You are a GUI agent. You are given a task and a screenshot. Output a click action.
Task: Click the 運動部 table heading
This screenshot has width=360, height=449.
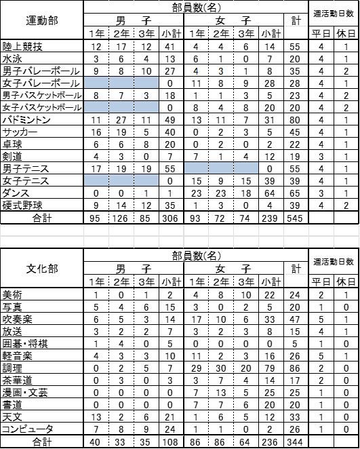point(42,20)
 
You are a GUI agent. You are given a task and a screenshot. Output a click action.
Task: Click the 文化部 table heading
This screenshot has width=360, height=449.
point(42,269)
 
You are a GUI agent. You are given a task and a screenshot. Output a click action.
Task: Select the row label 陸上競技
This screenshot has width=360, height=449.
point(22,47)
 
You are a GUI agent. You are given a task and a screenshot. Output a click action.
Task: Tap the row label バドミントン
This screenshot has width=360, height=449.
point(26,120)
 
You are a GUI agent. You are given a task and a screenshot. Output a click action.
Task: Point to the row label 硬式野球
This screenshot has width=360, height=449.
point(22,206)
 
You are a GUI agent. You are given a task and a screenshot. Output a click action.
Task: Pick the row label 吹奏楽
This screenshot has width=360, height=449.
point(17,319)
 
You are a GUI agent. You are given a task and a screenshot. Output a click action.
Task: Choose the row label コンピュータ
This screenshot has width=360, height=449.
point(28,429)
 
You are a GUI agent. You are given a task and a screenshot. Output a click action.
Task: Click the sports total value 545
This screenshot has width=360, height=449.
point(295,218)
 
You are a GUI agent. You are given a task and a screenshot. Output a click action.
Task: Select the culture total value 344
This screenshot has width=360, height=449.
point(295,442)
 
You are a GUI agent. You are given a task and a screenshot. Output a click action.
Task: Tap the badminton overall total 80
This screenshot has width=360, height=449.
point(295,120)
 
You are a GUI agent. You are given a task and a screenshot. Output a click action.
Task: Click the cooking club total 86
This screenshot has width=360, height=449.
point(295,368)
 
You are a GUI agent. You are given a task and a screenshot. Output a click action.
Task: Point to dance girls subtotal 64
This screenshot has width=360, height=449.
point(270,193)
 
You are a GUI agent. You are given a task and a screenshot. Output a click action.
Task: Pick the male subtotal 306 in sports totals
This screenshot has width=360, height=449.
point(170,218)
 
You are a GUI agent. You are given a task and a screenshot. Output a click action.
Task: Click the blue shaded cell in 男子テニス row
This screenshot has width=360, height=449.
point(221,168)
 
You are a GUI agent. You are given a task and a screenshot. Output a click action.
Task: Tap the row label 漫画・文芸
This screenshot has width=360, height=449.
point(25,393)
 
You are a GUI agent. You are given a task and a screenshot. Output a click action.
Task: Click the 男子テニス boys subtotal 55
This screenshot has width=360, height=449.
point(170,169)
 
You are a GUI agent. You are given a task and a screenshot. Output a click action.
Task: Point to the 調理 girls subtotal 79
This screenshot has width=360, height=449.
point(270,368)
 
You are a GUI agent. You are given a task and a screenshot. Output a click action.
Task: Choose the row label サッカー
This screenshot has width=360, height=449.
point(20,132)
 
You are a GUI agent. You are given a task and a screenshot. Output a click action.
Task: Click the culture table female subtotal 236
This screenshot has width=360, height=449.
point(270,442)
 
